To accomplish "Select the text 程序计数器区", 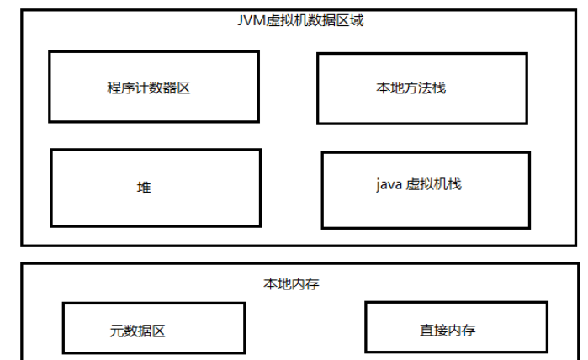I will tap(149, 87).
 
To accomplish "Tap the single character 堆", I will tap(144, 188).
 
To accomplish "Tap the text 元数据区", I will tap(137, 331).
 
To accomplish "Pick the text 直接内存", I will tap(448, 330).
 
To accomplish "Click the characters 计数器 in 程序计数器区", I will tap(149, 87).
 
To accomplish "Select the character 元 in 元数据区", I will tap(116, 331).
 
